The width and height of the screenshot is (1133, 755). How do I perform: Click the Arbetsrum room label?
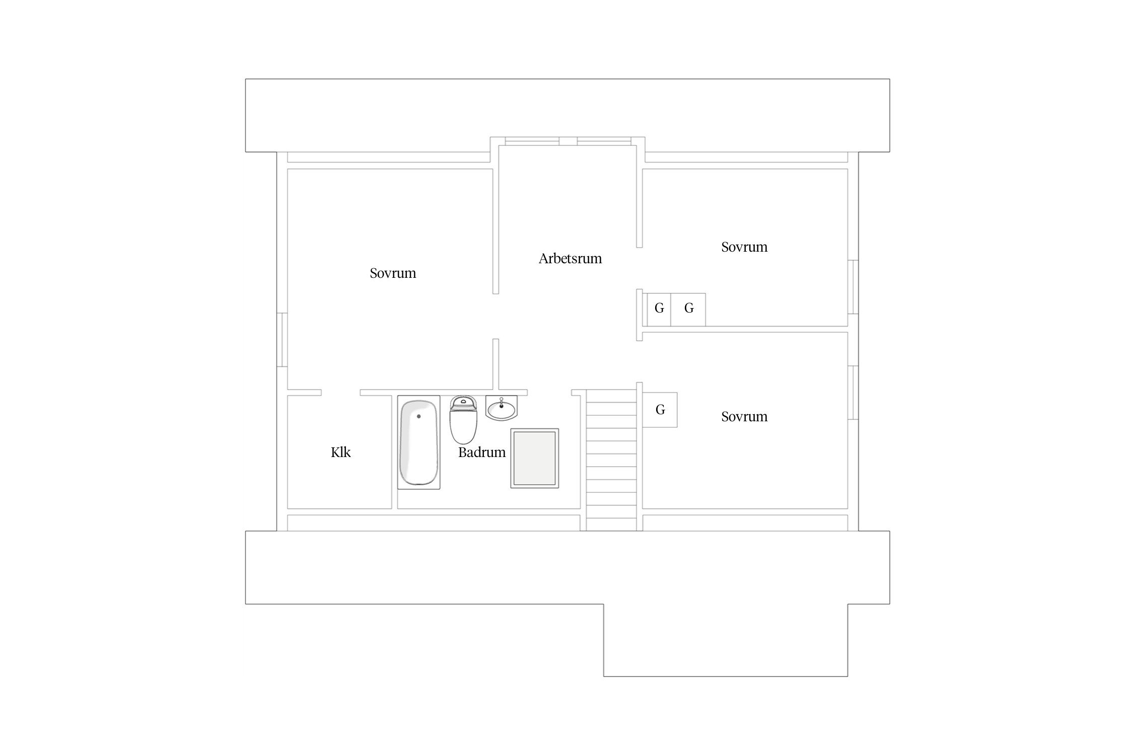click(570, 259)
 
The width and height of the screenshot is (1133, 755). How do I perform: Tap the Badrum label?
click(481, 452)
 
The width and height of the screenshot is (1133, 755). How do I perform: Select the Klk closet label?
click(340, 452)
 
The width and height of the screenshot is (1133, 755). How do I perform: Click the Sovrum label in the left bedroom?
click(393, 273)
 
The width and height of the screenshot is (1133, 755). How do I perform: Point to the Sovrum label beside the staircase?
click(744, 417)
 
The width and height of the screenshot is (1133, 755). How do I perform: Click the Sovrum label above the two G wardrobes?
click(744, 247)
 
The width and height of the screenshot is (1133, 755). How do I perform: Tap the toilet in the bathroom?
click(463, 425)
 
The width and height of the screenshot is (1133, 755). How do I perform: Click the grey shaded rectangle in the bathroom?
click(535, 458)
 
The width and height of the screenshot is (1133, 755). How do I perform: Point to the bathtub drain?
click(418, 416)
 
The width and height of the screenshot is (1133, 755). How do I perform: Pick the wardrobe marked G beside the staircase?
click(660, 410)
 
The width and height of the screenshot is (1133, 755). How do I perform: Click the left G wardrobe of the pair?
click(659, 309)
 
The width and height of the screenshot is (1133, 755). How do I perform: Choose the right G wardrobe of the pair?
click(689, 309)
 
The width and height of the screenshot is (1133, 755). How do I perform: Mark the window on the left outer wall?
click(282, 340)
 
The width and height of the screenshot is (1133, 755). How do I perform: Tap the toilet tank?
click(463, 402)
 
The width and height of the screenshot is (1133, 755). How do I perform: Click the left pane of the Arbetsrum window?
click(532, 141)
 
